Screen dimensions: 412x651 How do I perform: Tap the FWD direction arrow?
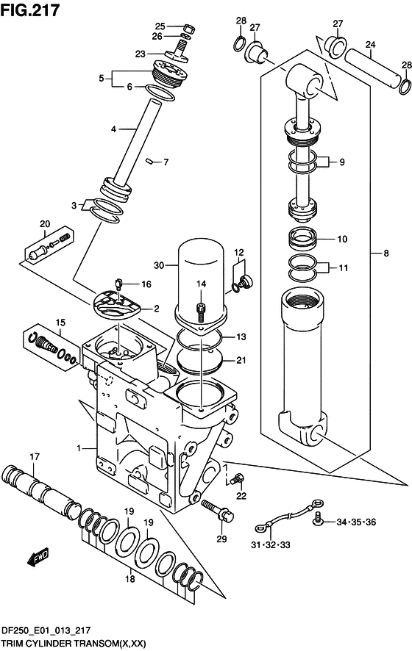[38, 557]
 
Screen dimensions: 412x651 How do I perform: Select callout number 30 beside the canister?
[159, 265]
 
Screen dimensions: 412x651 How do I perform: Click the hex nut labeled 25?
[187, 28]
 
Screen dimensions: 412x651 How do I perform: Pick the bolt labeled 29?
[219, 510]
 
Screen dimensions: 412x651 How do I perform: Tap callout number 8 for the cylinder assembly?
[386, 253]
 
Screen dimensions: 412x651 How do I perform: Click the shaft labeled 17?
[41, 493]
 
